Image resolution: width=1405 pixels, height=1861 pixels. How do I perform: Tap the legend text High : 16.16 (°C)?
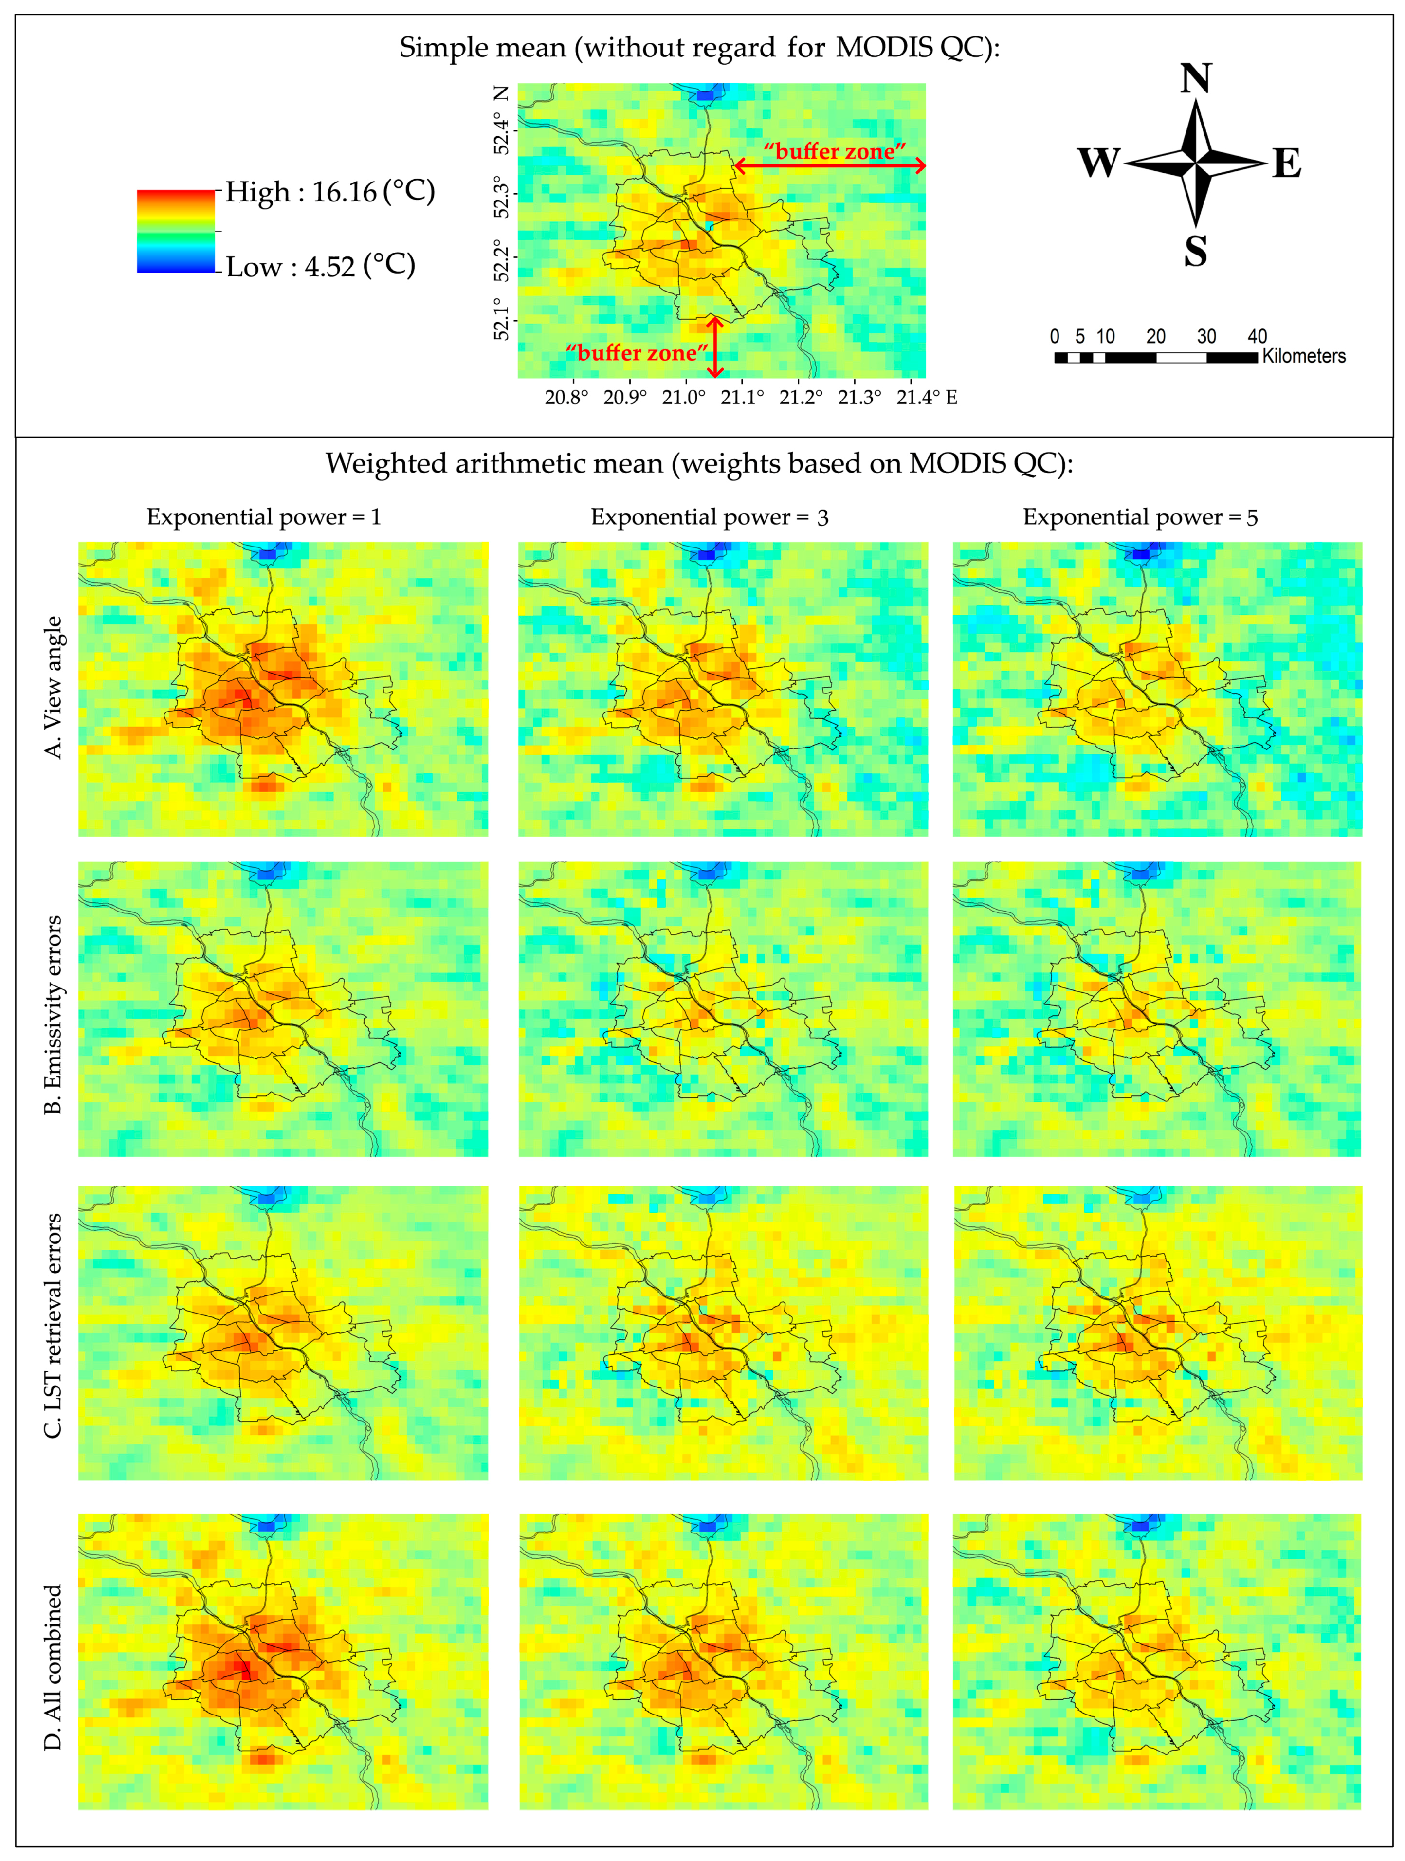tap(330, 192)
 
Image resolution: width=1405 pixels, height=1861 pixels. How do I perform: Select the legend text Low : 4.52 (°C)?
tap(321, 267)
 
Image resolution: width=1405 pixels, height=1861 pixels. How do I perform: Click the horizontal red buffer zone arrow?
tap(830, 166)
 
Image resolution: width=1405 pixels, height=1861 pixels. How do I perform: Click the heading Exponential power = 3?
tap(709, 517)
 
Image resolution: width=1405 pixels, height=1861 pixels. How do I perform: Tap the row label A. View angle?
tap(53, 687)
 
